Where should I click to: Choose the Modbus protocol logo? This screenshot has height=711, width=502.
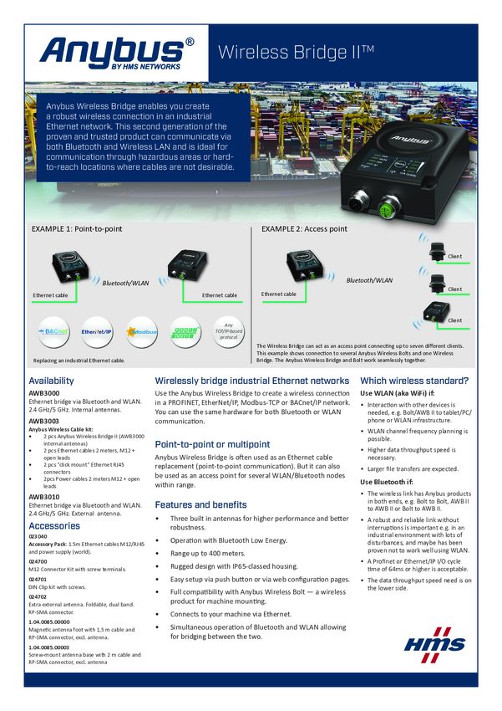pos(142,332)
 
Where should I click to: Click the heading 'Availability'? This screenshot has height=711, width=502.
pos(51,381)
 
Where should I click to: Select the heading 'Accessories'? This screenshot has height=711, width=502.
pos(54,525)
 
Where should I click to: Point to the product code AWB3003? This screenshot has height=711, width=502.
pos(44,421)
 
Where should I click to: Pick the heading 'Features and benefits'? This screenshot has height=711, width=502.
pos(203,504)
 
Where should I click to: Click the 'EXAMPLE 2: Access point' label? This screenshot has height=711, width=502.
pos(304,228)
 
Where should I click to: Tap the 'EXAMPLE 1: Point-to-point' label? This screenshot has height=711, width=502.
pos(77,228)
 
